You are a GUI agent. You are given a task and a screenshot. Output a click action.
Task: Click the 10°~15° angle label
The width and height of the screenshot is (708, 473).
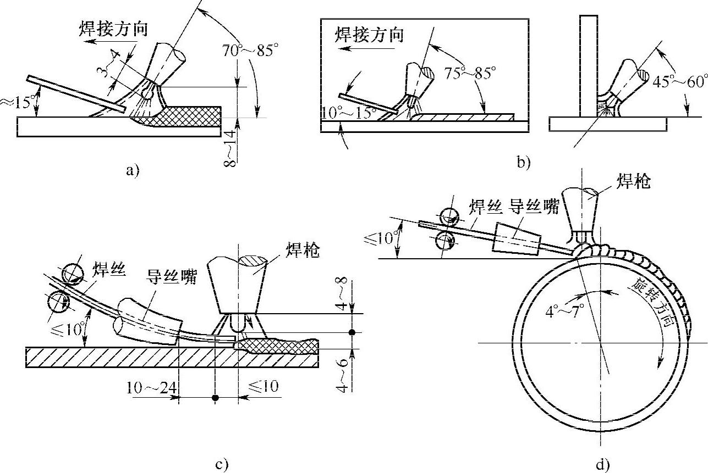point(346,112)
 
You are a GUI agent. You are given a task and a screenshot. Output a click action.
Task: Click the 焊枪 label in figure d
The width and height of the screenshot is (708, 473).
point(635,181)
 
